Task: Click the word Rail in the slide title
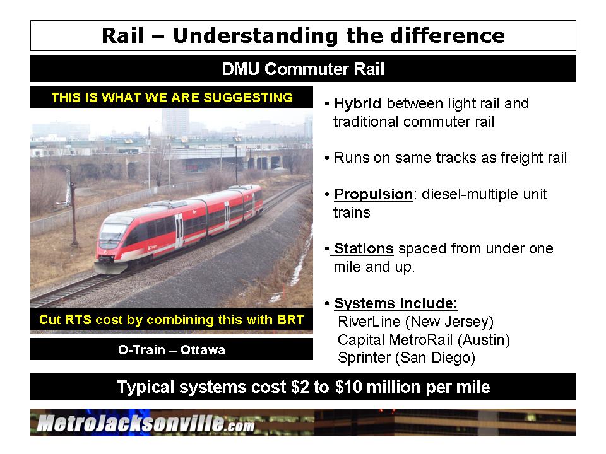123,35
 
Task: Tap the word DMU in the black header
241,69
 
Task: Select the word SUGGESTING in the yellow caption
248,97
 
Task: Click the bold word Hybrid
357,103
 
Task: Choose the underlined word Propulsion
373,194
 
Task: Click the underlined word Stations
364,248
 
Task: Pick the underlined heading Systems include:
396,303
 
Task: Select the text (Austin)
484,340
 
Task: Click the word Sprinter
364,358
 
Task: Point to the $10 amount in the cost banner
348,387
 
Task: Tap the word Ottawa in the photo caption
203,350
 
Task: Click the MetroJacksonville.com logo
146,422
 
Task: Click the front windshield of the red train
112,231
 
